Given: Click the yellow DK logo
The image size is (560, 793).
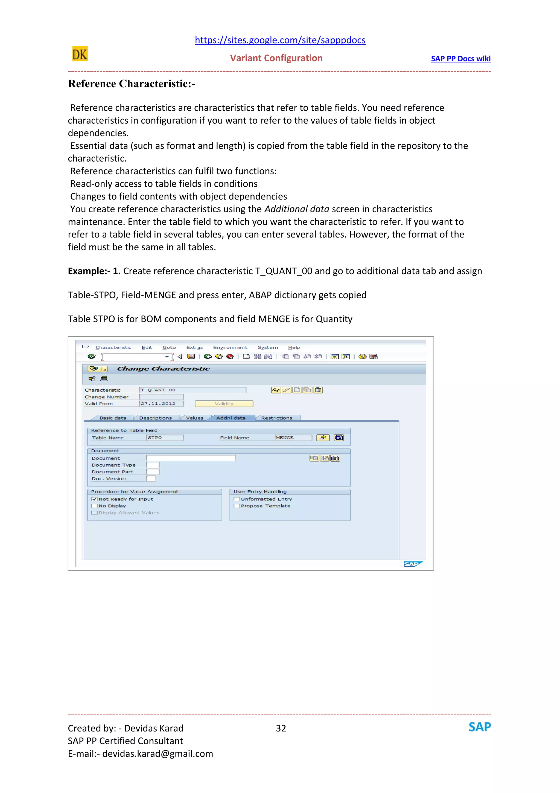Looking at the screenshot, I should coord(80,54).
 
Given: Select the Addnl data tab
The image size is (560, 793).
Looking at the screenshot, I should coord(231,418).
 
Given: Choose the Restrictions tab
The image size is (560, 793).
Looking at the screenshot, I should coord(276,418).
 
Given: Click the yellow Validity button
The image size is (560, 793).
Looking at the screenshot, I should coord(224,404).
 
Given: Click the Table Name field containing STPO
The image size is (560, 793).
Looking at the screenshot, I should coord(165,438).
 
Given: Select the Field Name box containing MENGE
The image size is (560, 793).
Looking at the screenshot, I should coord(293,438).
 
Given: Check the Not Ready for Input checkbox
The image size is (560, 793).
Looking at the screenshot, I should coord(94,499).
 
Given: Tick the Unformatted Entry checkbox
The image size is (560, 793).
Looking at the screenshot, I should coord(237,499).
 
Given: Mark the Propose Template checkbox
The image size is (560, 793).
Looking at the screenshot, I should coord(237,506).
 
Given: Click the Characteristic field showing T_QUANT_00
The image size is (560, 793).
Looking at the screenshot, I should coord(192,390).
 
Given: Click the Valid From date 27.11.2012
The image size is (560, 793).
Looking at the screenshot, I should coord(161,404).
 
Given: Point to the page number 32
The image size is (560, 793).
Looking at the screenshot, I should coord(281,728).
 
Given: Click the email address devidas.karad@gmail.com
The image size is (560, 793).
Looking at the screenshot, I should coord(157,754).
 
